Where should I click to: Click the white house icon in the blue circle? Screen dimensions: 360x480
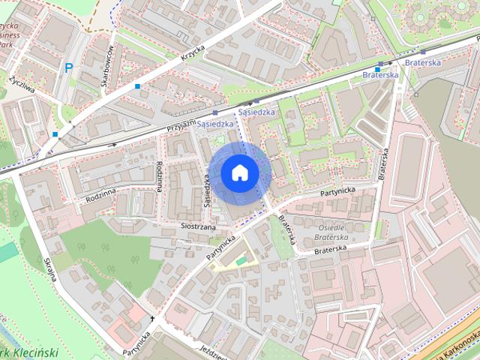(x=239, y=172)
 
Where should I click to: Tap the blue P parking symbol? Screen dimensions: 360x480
(x=69, y=68)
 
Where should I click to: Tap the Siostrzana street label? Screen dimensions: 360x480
(x=198, y=225)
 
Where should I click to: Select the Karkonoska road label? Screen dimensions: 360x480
(x=454, y=344)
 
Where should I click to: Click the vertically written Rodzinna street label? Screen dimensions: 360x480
(x=159, y=175)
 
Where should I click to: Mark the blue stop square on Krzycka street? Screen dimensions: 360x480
(x=137, y=87)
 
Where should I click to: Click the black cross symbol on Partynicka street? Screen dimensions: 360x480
(x=152, y=318)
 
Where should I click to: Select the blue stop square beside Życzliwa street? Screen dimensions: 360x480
(x=55, y=135)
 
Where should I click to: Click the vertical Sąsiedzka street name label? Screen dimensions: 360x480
(x=205, y=189)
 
